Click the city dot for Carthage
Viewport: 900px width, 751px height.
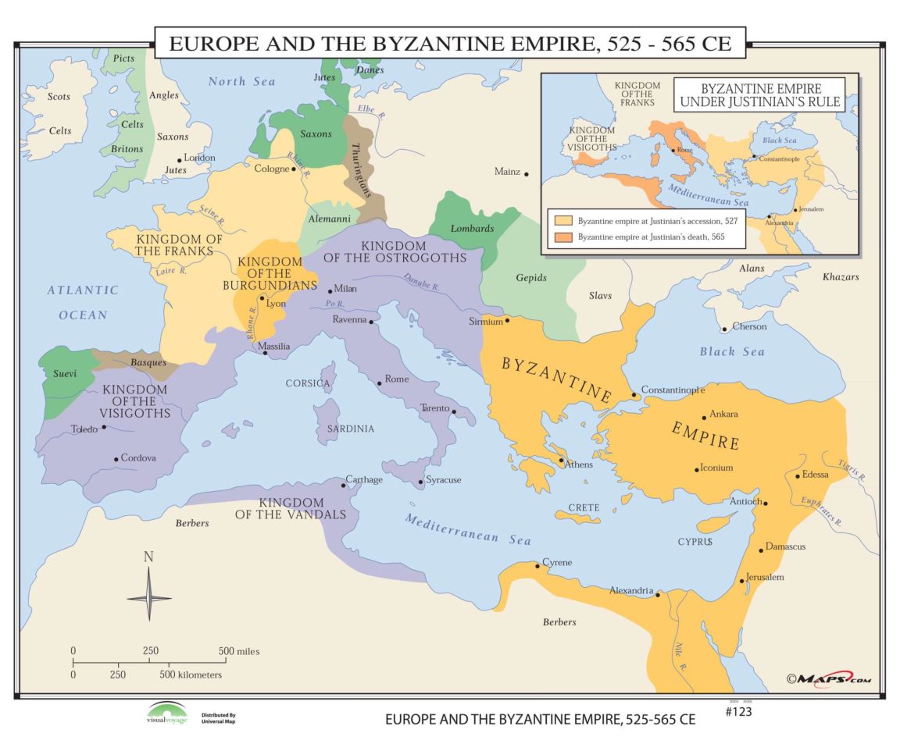343,486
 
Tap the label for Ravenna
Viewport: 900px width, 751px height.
348,319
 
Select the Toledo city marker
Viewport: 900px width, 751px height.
104,427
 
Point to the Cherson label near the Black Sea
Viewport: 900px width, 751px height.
749,326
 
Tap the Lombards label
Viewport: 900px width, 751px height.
472,228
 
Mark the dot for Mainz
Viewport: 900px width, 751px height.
527,174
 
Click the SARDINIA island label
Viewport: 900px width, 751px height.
351,429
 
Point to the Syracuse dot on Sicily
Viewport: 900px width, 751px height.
421,482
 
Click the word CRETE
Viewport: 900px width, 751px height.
584,507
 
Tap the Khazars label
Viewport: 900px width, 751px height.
840,277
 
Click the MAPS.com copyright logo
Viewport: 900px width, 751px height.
828,678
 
